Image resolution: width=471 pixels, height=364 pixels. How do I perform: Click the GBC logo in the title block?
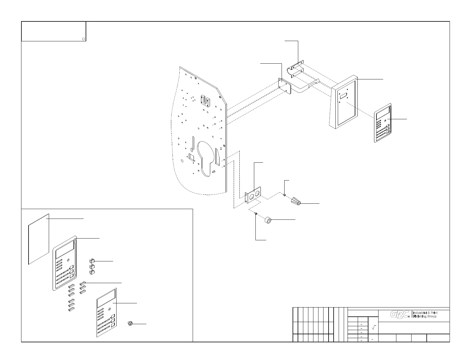[400, 314]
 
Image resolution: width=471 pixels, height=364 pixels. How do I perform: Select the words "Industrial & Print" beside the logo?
[425, 313]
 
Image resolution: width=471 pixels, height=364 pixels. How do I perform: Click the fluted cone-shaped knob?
[296, 201]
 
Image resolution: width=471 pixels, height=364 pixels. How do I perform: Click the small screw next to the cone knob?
[284, 195]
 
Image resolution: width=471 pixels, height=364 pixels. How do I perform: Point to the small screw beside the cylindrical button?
[256, 213]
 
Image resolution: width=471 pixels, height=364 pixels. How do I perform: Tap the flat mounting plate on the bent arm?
[284, 86]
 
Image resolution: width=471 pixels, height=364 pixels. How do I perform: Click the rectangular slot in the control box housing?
[344, 96]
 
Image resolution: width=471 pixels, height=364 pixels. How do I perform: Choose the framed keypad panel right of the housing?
[382, 123]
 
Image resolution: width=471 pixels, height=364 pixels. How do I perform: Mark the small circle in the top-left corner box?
[84, 39]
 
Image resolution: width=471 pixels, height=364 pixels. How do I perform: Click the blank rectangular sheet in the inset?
[38, 239]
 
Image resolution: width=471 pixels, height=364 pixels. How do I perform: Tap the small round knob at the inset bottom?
[130, 324]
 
